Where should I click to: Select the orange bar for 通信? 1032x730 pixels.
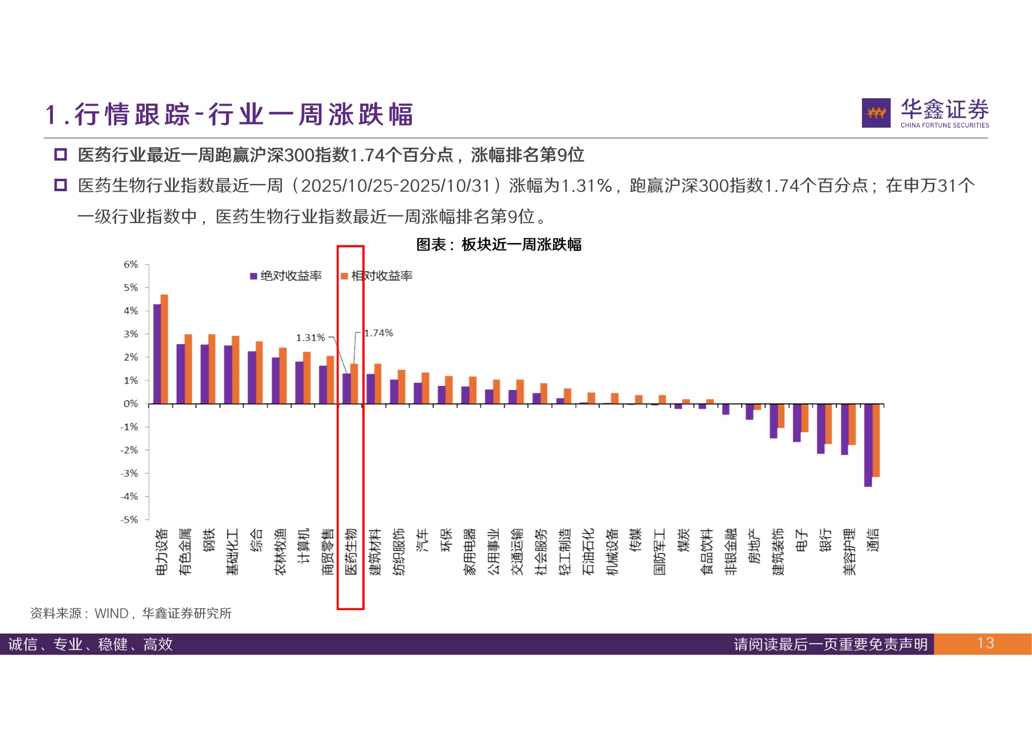[x=876, y=440]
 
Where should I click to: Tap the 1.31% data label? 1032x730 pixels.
[x=310, y=338]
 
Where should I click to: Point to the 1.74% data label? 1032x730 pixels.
[x=378, y=333]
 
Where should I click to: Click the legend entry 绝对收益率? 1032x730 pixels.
[x=287, y=276]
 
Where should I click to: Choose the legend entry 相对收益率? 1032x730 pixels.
[x=377, y=276]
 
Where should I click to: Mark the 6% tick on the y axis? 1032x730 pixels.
[x=131, y=265]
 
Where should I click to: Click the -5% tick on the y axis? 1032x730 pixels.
[x=129, y=519]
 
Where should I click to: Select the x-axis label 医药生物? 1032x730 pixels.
[x=351, y=551]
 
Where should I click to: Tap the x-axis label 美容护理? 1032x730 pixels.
[x=849, y=551]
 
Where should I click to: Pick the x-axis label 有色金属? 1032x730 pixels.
[x=185, y=551]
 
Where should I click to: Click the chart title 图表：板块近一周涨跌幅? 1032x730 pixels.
[x=499, y=244]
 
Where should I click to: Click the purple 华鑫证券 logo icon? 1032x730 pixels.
[x=876, y=113]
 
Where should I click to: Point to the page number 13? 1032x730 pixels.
[x=986, y=644]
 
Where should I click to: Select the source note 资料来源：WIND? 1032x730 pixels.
[x=131, y=614]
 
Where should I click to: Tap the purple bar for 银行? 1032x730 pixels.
[x=821, y=429]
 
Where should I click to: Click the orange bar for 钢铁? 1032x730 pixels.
[x=212, y=369]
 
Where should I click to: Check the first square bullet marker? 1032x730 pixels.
[x=61, y=155]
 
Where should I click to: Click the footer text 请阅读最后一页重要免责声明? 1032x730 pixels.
[x=830, y=644]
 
